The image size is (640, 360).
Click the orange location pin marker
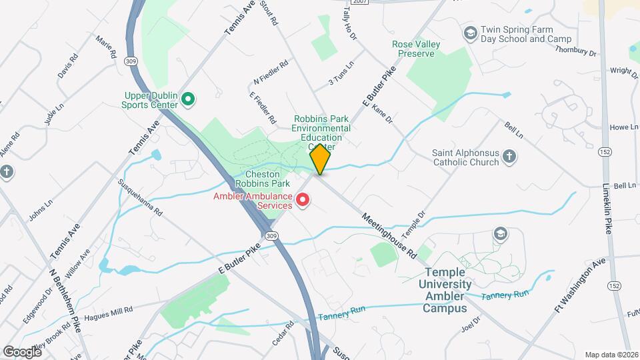pyautogui.click(x=321, y=159)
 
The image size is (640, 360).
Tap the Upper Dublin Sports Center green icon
pyautogui.click(x=188, y=100)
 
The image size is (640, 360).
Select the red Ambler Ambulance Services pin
pyautogui.click(x=303, y=199)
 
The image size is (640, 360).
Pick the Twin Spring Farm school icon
pyautogui.click(x=470, y=33)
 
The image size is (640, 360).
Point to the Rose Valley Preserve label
pyautogui.click(x=415, y=49)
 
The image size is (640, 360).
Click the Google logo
pyautogui.click(x=22, y=351)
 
